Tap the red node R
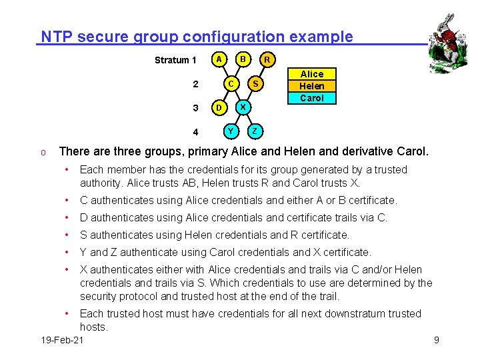pyautogui.click(x=267, y=61)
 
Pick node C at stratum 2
pyautogui.click(x=230, y=84)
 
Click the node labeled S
pyautogui.click(x=255, y=84)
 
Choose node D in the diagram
pyautogui.click(x=217, y=108)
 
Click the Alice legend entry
pyautogui.click(x=311, y=74)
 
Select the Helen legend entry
pyautogui.click(x=311, y=86)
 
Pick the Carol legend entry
pyautogui.click(x=311, y=98)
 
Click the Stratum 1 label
pyautogui.click(x=175, y=60)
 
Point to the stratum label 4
pyautogui.click(x=195, y=131)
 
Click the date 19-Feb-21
pyautogui.click(x=62, y=341)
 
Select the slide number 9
pyautogui.click(x=436, y=341)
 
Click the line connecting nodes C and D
pyautogui.click(x=224, y=96)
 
